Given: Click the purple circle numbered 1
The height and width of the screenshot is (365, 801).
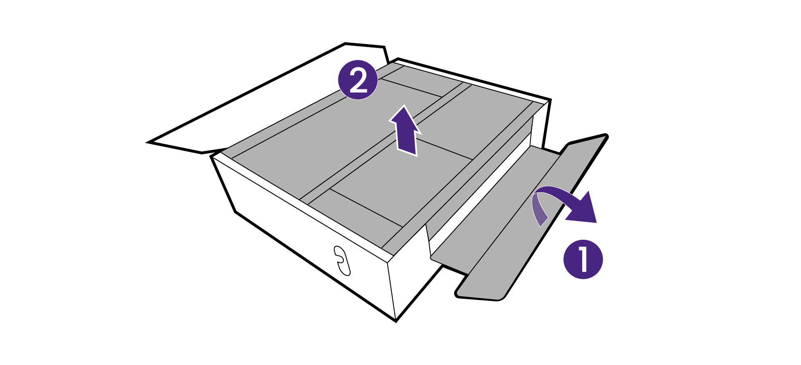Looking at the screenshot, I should point(583,259).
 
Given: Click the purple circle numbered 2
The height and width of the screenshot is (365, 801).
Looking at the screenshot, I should point(358,79).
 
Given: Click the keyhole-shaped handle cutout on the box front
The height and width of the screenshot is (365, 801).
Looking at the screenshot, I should point(342,261).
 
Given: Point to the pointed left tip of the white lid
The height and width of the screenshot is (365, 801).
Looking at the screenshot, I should point(150,142).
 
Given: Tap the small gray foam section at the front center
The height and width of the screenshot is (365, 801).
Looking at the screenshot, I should point(354,216).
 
